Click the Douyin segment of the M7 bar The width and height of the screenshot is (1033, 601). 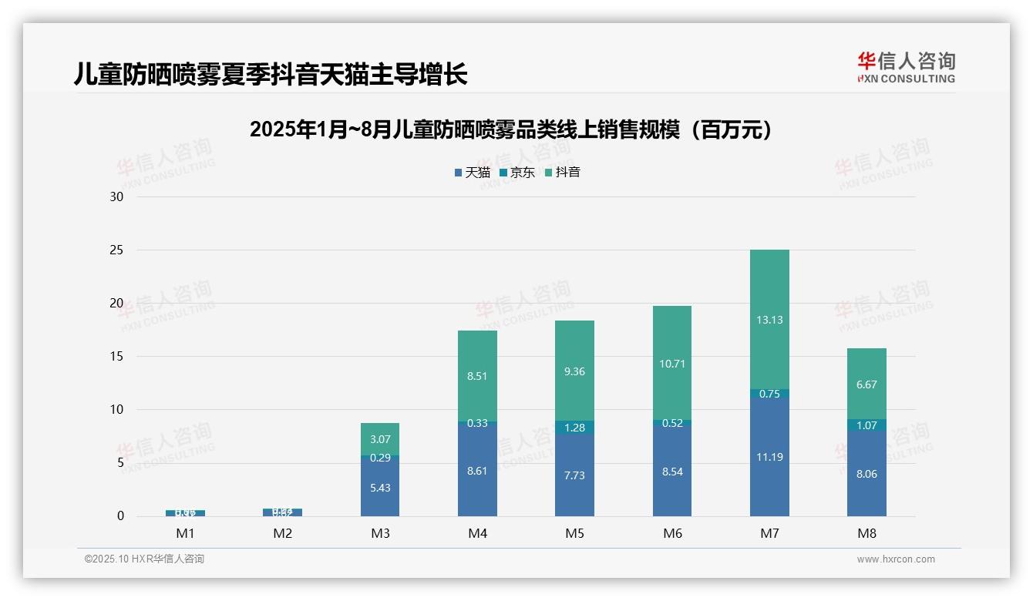769,319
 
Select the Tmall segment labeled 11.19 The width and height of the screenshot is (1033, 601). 769,456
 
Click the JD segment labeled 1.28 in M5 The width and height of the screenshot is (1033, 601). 574,427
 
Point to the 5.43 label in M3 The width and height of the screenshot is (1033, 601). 380,488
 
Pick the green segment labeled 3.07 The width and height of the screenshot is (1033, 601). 380,439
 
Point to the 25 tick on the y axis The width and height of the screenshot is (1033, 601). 116,250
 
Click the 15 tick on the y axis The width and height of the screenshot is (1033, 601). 116,357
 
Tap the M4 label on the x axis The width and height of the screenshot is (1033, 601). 477,533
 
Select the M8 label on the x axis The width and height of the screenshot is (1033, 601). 866,533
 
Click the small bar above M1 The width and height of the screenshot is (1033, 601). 185,512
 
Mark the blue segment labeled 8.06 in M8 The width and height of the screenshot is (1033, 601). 866,474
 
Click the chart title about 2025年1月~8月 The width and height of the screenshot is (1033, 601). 510,129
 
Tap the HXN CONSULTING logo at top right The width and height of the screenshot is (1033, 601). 906,67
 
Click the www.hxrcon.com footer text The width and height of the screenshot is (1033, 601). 896,559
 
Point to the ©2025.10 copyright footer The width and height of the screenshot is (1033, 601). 144,559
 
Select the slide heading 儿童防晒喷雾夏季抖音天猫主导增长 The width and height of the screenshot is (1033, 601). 271,75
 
